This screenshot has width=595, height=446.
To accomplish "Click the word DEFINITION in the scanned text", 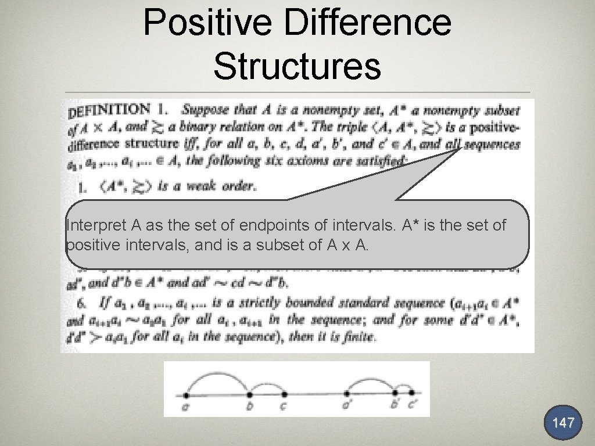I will [x=109, y=110].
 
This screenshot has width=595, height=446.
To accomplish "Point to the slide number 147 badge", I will [x=563, y=422].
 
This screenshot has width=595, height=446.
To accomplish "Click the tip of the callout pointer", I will [x=458, y=148].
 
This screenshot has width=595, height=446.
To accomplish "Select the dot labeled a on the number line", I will [x=187, y=394].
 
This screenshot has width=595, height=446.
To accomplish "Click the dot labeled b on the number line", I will [x=249, y=394].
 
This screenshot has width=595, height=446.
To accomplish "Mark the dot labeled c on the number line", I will [x=284, y=394].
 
